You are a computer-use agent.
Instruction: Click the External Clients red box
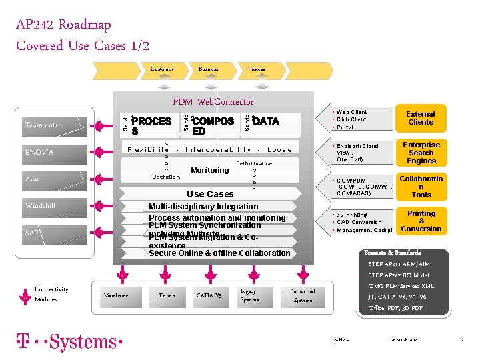[x=421, y=119]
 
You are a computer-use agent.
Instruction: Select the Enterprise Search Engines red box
[x=421, y=153]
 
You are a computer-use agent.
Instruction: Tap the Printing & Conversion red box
[x=421, y=221]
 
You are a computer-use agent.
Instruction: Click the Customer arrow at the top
[x=162, y=69]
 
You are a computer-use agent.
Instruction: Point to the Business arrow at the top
[x=209, y=69]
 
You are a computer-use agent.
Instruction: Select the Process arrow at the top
[x=257, y=69]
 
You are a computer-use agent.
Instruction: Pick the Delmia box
[x=168, y=295]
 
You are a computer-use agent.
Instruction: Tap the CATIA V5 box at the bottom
[x=210, y=295]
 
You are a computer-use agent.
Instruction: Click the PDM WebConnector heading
[x=213, y=102]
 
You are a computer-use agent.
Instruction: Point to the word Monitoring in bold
[x=209, y=170]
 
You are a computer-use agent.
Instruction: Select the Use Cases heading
[x=209, y=194]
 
